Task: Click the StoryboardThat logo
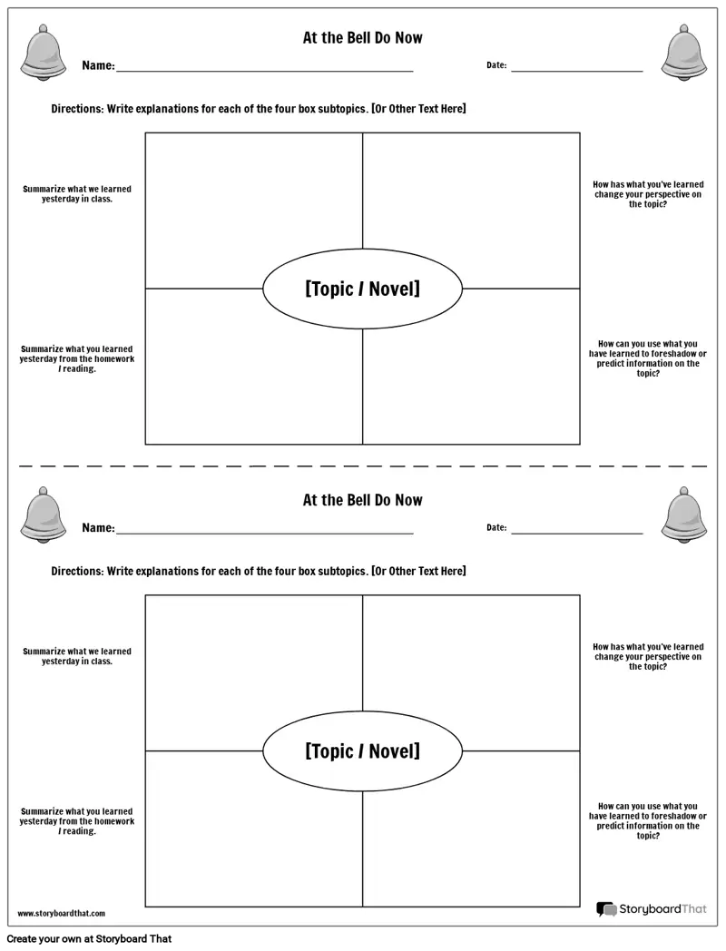[x=652, y=909]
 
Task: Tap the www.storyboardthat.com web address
[x=62, y=914]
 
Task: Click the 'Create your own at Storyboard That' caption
[x=89, y=939]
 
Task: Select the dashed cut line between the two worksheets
[x=363, y=466]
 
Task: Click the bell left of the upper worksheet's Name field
[x=43, y=53]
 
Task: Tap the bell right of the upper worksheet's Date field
[x=684, y=53]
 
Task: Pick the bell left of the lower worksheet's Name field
[x=43, y=515]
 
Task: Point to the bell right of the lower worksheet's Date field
[x=684, y=515]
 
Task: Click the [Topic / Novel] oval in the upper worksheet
[x=363, y=289]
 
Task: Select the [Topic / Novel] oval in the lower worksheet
[x=363, y=750]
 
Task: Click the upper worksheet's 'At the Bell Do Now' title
[x=363, y=37]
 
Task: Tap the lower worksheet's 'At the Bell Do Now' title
[x=363, y=500]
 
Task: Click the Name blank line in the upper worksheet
[x=264, y=71]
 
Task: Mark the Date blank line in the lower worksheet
[x=577, y=534]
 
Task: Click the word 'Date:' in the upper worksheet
[x=496, y=65]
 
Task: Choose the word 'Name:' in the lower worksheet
[x=98, y=527]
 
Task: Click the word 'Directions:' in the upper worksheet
[x=78, y=109]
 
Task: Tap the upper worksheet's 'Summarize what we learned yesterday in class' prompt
[x=77, y=194]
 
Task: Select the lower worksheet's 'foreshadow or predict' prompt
[x=648, y=820]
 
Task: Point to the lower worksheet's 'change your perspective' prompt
[x=648, y=656]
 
